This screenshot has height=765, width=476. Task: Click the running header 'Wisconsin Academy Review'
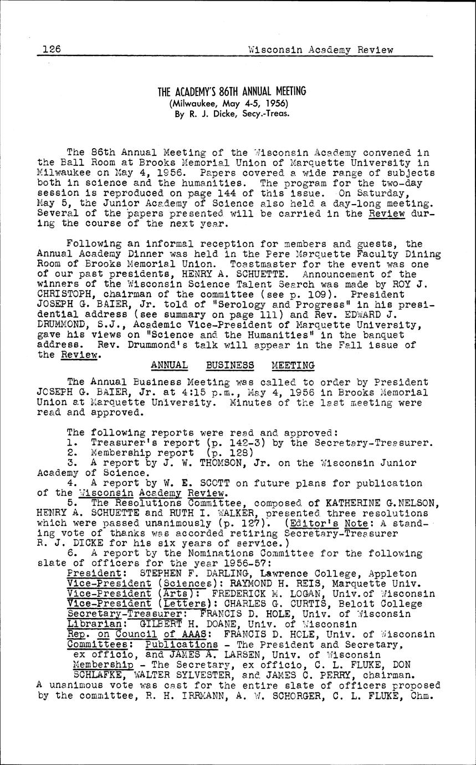(x=321, y=50)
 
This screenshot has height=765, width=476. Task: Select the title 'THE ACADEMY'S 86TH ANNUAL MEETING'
(x=232, y=92)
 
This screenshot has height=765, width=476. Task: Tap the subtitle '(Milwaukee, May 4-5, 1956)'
(x=232, y=104)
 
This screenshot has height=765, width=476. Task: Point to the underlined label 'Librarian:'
(x=91, y=624)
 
